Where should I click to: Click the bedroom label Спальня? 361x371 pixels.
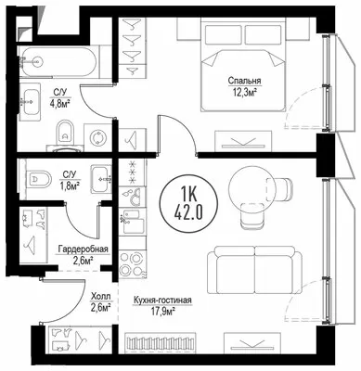tap(244, 81)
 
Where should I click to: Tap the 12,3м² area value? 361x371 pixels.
tap(244, 91)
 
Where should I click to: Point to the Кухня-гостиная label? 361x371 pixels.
tap(162, 300)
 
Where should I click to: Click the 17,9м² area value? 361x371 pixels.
tap(162, 312)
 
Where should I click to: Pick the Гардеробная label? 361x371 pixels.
tap(84, 249)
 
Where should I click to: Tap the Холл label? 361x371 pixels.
tap(100, 297)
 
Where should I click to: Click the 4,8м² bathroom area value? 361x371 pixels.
tap(60, 102)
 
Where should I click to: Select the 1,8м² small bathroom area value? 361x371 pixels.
tap(69, 185)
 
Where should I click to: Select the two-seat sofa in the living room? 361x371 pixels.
tap(254, 272)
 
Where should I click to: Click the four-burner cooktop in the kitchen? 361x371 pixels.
tap(131, 263)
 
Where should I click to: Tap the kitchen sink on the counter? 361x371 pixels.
tap(133, 222)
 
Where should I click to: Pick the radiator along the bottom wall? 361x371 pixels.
tap(161, 343)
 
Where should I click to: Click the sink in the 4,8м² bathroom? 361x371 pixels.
tap(30, 102)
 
